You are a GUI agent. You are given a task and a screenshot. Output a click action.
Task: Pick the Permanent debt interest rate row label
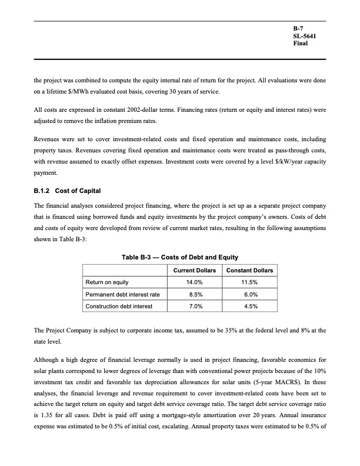(x=122, y=294)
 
